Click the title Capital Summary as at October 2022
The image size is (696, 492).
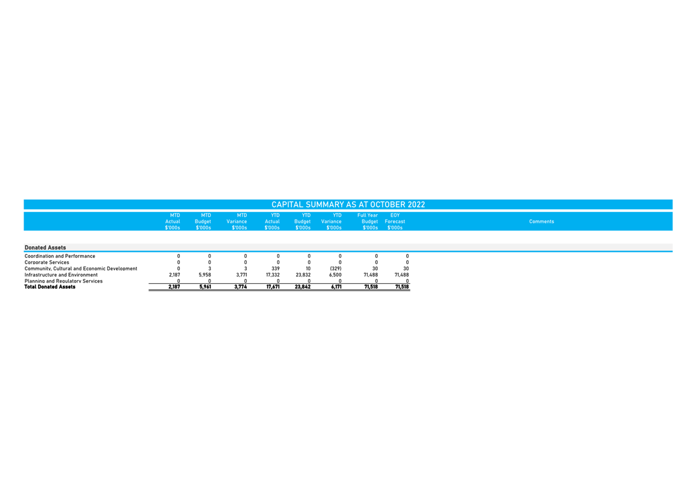(x=348, y=205)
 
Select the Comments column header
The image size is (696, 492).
(x=541, y=222)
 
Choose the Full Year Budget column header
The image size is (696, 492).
(x=368, y=222)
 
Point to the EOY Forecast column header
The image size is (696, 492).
(x=395, y=222)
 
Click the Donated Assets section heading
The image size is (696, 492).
(x=45, y=248)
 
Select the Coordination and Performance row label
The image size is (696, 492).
(x=60, y=256)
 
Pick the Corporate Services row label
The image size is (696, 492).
(x=46, y=263)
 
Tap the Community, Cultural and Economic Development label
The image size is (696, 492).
(x=81, y=269)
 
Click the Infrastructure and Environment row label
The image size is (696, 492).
(x=61, y=275)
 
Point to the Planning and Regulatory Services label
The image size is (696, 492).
(x=63, y=281)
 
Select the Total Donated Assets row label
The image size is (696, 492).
(x=49, y=287)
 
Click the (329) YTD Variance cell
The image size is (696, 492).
(x=336, y=269)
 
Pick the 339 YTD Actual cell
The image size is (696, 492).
(x=276, y=269)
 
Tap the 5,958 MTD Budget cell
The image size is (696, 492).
(x=205, y=275)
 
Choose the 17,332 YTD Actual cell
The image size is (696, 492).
(x=273, y=275)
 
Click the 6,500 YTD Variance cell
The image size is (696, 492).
(x=335, y=275)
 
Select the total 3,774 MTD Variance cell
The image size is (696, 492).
(x=241, y=287)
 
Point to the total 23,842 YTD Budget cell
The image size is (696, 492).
(x=302, y=287)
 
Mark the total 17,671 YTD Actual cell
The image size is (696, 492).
(x=272, y=287)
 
